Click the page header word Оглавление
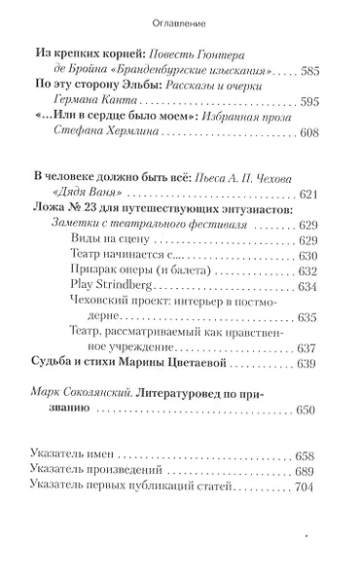[x=179, y=20]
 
